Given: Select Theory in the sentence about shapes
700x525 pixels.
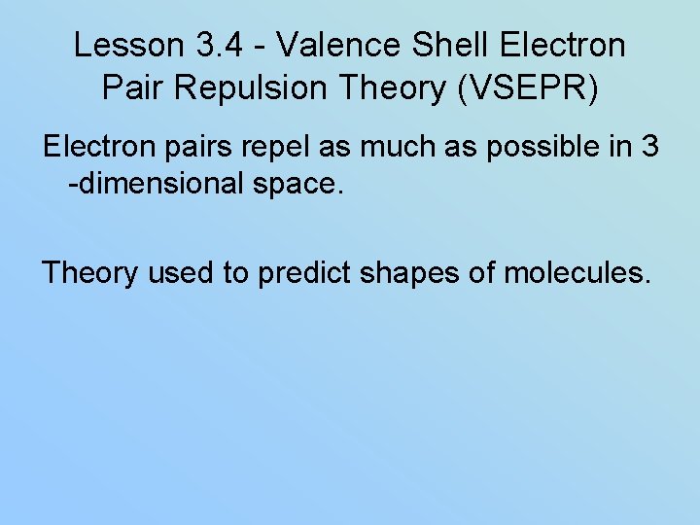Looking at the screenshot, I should [90, 273].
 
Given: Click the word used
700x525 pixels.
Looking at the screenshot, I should [182, 273].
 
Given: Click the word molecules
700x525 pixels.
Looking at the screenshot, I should [574, 273].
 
